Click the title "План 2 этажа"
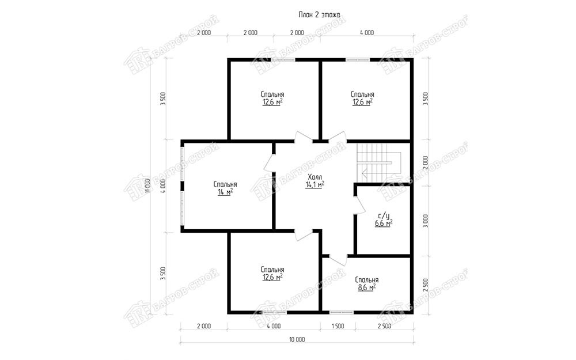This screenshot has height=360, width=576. (x=319, y=15)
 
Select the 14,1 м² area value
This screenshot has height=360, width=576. (x=315, y=184)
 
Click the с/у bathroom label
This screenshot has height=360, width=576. (x=383, y=216)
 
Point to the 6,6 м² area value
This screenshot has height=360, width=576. (x=384, y=223)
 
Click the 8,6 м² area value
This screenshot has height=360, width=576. (x=366, y=287)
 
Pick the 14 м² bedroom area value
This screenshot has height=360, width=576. (x=225, y=192)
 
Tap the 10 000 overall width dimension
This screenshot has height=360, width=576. (x=297, y=340)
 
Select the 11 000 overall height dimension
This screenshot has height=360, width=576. (x=147, y=186)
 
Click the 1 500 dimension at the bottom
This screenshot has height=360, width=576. (x=338, y=326)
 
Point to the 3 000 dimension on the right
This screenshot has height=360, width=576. (x=426, y=221)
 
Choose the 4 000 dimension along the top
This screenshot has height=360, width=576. (x=366, y=33)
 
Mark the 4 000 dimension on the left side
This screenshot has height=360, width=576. (x=164, y=186)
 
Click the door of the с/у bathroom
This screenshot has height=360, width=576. (x=359, y=206)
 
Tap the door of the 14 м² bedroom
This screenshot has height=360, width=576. (x=270, y=163)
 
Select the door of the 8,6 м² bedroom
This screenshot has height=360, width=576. (x=338, y=259)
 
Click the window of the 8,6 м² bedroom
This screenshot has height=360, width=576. (x=341, y=313)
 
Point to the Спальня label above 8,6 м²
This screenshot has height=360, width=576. (x=366, y=280)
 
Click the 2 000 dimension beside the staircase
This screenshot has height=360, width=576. (x=426, y=163)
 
